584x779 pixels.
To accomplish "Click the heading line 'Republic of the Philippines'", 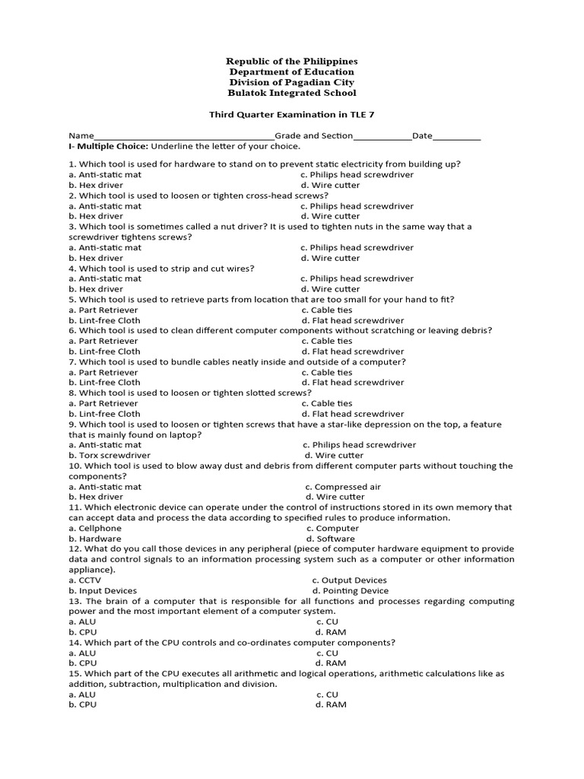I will (x=292, y=61).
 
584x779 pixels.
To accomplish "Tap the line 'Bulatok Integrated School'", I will (x=292, y=93).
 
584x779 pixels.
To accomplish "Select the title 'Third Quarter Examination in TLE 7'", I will (x=292, y=115).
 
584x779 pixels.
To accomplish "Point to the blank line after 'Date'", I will (x=457, y=136).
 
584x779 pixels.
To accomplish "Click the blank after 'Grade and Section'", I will (x=382, y=136).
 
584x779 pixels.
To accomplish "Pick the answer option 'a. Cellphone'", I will (x=95, y=528).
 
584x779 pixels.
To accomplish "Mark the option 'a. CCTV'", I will (x=84, y=580).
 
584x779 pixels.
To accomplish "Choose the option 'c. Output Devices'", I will (x=349, y=580).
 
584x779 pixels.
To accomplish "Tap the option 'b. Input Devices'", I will (x=103, y=590).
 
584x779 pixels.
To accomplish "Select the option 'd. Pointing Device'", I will (x=350, y=590).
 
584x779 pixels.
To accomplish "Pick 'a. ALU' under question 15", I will (x=82, y=695).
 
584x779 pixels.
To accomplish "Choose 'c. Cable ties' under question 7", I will (x=327, y=372).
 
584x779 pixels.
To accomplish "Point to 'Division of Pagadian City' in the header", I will (x=292, y=82).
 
